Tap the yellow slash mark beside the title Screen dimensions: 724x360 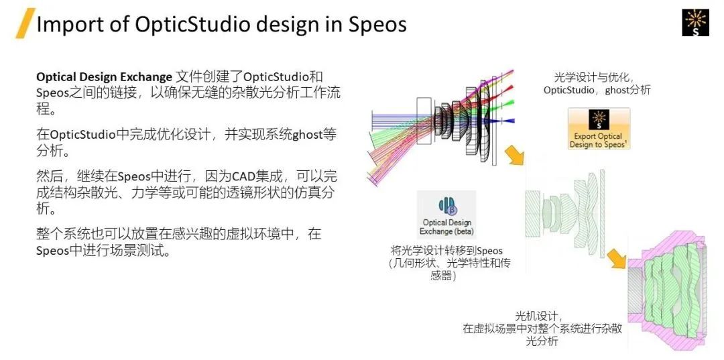[25, 23]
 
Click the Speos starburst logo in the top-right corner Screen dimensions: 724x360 [695, 23]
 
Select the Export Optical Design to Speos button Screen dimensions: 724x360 [599, 129]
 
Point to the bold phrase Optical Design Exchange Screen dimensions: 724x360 [104, 76]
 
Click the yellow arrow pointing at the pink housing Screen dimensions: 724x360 [617, 259]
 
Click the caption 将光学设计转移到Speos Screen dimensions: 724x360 [446, 251]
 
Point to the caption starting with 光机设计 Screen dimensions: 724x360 [542, 328]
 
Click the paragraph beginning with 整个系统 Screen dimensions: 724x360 [179, 242]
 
